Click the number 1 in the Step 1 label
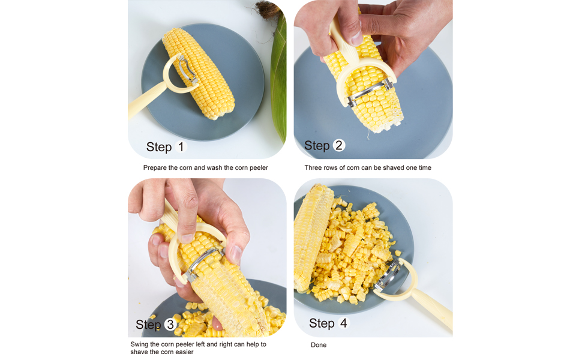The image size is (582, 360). pyautogui.click(x=181, y=146)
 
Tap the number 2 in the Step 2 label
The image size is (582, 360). pyautogui.click(x=339, y=145)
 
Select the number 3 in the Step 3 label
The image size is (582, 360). pyautogui.click(x=170, y=325)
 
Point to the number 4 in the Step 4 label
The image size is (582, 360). pyautogui.click(x=343, y=323)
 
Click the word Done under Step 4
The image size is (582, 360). pyautogui.click(x=319, y=345)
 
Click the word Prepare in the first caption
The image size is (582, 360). pyautogui.click(x=155, y=168)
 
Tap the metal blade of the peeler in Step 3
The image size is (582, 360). pyautogui.click(x=201, y=264)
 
